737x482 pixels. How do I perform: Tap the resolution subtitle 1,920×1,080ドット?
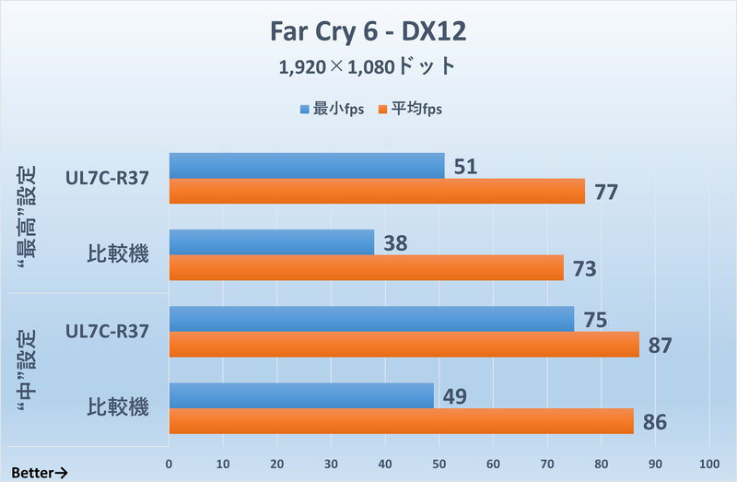[x=368, y=67]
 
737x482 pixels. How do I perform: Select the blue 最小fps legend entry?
[x=332, y=109]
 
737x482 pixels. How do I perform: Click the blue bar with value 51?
[x=306, y=166]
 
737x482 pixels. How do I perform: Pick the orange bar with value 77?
[x=376, y=191]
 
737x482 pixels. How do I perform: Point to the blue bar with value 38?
[x=271, y=242]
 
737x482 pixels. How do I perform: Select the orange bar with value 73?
[x=366, y=267]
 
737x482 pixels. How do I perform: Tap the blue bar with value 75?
[x=371, y=319]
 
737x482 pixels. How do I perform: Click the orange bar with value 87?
[x=404, y=344]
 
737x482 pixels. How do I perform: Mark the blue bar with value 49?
[x=300, y=395]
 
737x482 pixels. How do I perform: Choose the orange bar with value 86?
[x=401, y=420]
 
